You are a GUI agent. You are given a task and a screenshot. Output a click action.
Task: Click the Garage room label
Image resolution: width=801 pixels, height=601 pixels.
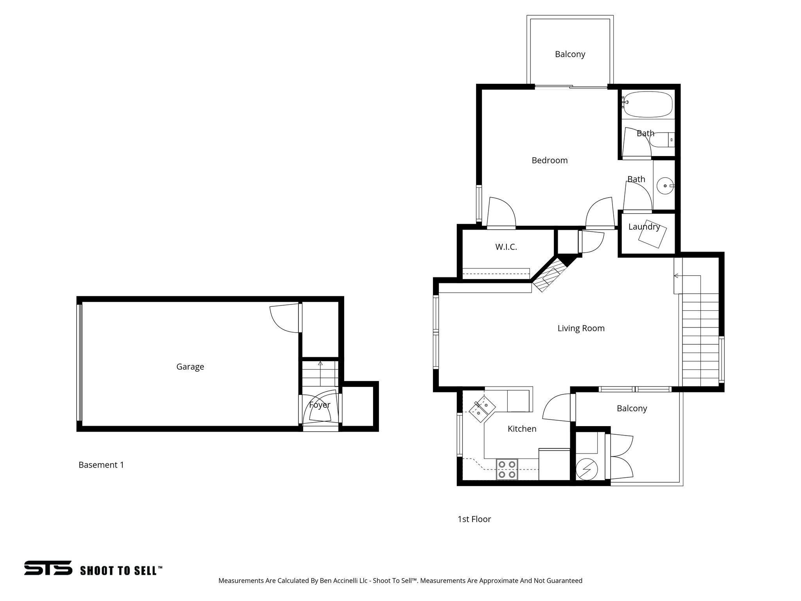pyautogui.click(x=190, y=367)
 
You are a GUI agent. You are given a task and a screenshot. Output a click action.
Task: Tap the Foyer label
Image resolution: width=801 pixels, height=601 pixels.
pyautogui.click(x=320, y=405)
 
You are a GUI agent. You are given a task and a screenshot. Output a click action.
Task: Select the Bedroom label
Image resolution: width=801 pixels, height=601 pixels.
pyautogui.click(x=550, y=160)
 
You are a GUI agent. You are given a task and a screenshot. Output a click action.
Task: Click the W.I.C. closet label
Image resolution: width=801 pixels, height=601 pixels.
pyautogui.click(x=506, y=247)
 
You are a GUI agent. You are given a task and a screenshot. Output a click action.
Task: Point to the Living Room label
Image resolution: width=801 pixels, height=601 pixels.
pyautogui.click(x=581, y=328)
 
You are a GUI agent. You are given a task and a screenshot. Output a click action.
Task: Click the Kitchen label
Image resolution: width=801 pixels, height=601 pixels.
pyautogui.click(x=522, y=429)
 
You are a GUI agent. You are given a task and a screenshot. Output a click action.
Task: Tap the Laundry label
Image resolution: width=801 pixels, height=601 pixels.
pyautogui.click(x=644, y=227)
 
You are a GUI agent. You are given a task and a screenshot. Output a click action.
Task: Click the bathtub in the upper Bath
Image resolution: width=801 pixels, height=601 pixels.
pyautogui.click(x=648, y=104)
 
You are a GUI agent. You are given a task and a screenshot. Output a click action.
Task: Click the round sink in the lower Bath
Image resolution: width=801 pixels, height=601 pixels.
pyautogui.click(x=664, y=186)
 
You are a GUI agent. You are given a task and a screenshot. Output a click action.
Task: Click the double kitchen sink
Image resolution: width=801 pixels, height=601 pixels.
pyautogui.click(x=482, y=408)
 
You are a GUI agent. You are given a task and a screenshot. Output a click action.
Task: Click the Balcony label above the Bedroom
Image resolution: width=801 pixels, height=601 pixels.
pyautogui.click(x=570, y=54)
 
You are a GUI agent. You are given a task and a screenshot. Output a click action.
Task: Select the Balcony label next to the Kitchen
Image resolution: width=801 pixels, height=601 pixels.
pyautogui.click(x=632, y=408)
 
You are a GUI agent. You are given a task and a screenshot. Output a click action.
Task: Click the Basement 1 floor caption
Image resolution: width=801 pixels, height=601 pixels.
pyautogui.click(x=101, y=465)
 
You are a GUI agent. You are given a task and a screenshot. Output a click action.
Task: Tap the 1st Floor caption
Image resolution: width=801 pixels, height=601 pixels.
pyautogui.click(x=474, y=519)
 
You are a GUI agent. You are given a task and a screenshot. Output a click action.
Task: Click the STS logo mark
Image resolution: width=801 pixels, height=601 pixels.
pyautogui.click(x=48, y=568)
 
